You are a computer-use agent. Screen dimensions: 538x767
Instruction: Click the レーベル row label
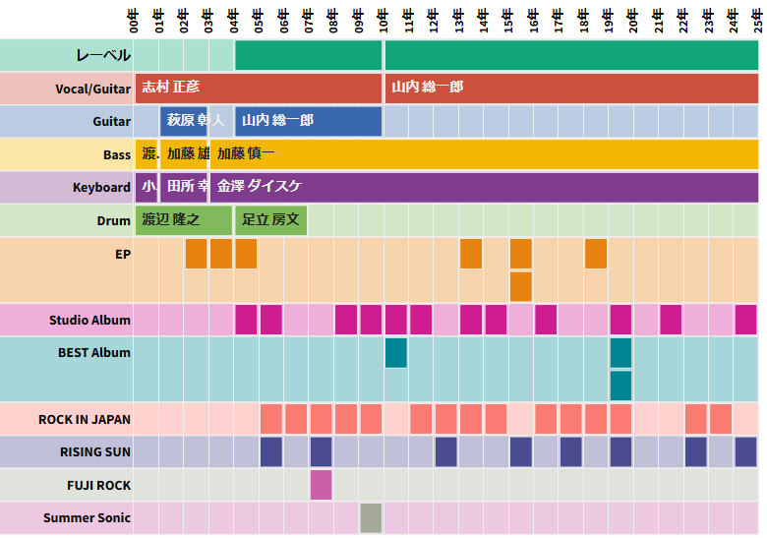[x=103, y=55]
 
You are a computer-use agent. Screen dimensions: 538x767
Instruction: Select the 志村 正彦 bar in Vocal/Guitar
[x=259, y=88]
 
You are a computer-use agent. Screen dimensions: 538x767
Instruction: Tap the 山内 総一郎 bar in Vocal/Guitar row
[x=571, y=88]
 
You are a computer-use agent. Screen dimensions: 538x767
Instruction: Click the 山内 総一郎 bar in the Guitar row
[x=308, y=121]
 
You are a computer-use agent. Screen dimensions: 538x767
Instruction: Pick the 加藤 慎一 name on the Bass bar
[x=246, y=154]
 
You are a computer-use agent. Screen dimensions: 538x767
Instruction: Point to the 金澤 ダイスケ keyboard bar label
[x=260, y=187]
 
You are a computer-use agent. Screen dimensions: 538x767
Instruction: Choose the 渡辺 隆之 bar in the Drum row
[x=184, y=220]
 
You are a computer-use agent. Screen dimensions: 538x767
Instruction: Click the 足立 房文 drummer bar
[x=270, y=220]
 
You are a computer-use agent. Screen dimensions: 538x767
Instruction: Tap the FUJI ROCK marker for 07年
[x=321, y=485]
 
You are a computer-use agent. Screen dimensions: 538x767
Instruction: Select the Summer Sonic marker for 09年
[x=371, y=517]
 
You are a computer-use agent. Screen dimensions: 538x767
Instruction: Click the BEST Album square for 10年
[x=395, y=352]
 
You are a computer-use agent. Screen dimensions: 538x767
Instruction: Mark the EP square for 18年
[x=596, y=254]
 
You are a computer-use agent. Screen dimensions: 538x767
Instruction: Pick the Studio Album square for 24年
[x=745, y=320]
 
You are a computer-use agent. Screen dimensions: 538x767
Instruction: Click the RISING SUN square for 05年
[x=271, y=451]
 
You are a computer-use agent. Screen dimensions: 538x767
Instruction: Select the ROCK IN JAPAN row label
[x=85, y=420]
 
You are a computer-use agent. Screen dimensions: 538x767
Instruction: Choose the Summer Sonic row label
[x=87, y=518]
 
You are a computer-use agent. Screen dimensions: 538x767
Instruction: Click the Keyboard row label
[x=101, y=188]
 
